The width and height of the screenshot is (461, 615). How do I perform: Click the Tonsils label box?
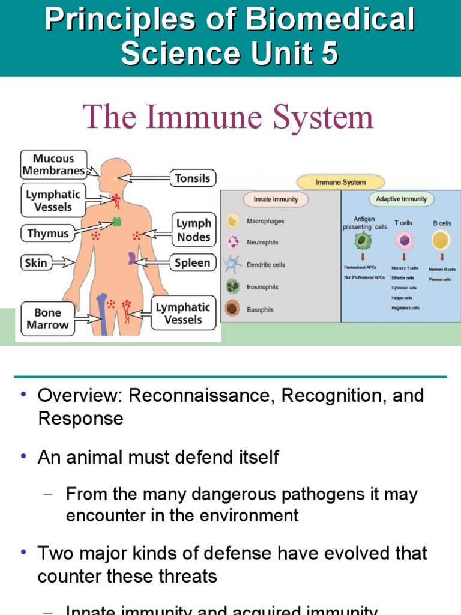192,178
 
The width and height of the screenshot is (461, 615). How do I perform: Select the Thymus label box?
47,233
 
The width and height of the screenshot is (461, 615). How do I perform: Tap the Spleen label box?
192,262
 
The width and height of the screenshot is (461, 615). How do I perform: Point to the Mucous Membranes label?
53,165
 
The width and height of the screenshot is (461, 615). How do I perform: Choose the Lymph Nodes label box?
193,230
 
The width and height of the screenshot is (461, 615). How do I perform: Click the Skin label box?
35,262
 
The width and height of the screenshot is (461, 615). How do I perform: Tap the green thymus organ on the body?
116,223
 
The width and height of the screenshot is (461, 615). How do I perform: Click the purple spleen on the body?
131,259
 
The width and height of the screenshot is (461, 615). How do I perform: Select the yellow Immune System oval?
340,182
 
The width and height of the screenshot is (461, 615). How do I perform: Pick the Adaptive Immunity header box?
401,199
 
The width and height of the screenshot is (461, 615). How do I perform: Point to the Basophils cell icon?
232,309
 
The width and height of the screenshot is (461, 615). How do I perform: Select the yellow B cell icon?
441,241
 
